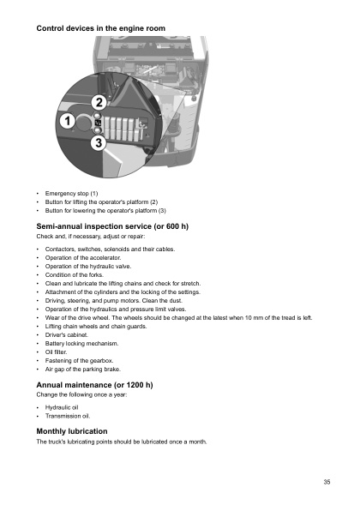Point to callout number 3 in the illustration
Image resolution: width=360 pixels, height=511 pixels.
click(x=99, y=143)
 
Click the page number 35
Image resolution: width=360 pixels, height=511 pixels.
click(x=327, y=483)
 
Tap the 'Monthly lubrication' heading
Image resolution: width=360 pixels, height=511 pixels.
click(x=72, y=430)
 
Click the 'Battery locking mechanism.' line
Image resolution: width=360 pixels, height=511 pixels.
click(x=81, y=342)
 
